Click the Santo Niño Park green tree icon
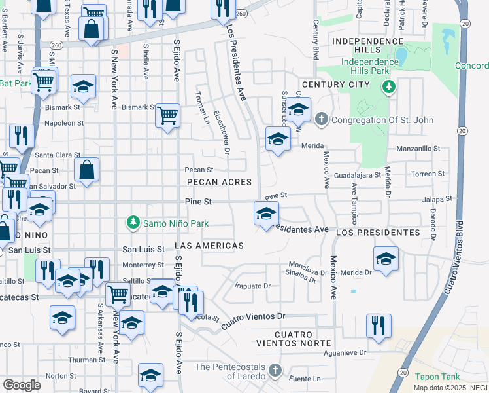coord(133,223)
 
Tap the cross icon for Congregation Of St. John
coord(320,120)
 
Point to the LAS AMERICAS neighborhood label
coord(209,246)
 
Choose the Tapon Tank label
coord(437,377)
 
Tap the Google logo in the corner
coord(22,385)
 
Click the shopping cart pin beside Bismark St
coord(168,116)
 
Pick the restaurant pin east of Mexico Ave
coord(379,326)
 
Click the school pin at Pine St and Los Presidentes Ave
coord(266,214)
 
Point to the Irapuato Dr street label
coord(252,286)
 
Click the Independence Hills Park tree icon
coord(389,86)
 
